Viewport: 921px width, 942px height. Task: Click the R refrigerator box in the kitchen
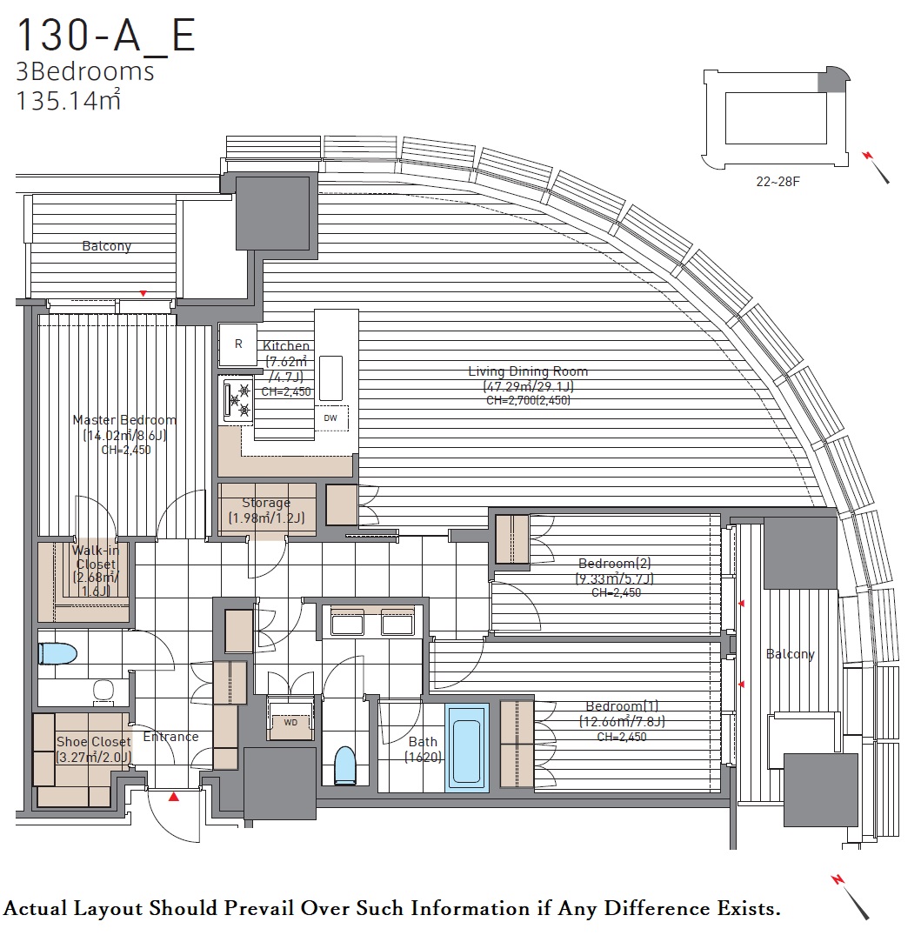click(x=238, y=344)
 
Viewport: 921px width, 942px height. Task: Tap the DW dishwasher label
click(x=330, y=418)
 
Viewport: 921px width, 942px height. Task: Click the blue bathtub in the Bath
click(x=466, y=748)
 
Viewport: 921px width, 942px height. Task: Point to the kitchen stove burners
click(x=238, y=401)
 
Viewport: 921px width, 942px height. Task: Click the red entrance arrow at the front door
click(x=174, y=798)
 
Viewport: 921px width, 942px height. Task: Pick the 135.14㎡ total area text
click(x=68, y=100)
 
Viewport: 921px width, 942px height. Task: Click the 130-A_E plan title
click(x=106, y=36)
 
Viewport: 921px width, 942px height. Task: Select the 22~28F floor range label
click(x=778, y=182)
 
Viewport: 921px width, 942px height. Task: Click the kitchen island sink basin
click(x=330, y=377)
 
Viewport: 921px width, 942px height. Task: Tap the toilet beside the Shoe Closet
click(x=57, y=654)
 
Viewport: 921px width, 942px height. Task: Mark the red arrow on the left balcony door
click(x=143, y=294)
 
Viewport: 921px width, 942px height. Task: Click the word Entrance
click(x=170, y=737)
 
